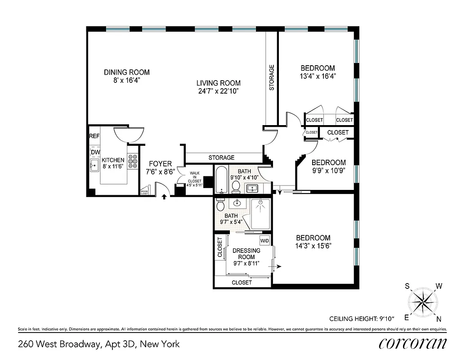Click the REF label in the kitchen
coord(94,136)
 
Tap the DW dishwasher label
coord(95,153)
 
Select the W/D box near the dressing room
coord(264,241)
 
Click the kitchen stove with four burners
coord(133,162)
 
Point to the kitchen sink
coord(94,166)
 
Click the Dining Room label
coord(126,72)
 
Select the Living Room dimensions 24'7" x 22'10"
coord(218,91)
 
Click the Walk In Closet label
coord(195,177)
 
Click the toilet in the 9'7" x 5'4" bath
coord(220,205)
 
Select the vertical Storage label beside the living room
coord(271,78)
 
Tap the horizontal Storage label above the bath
coord(221,157)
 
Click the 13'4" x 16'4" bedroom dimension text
coord(318,76)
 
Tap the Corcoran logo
coord(412,343)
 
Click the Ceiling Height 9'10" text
coord(362,319)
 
